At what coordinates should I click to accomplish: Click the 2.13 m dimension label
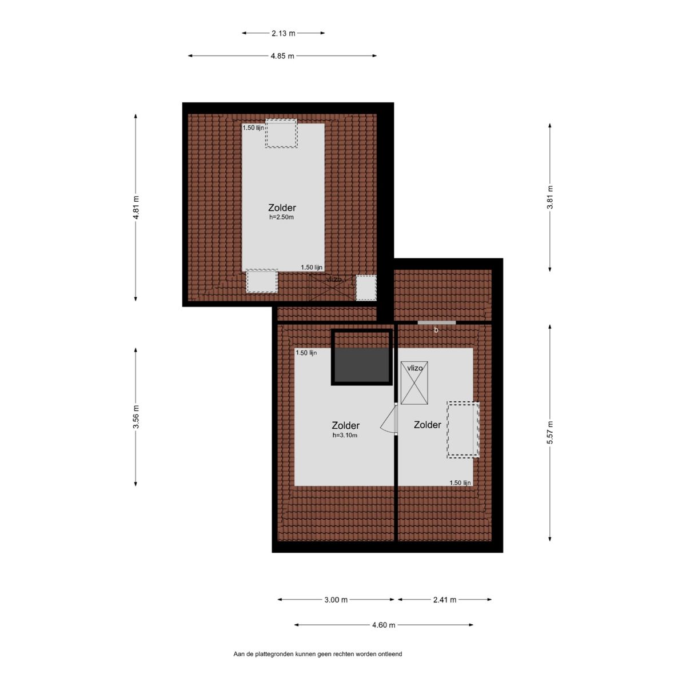click(x=284, y=34)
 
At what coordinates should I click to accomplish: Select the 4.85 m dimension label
click(x=282, y=56)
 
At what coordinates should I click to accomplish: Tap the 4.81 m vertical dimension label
click(x=136, y=208)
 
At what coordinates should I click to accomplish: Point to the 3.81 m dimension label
click(x=551, y=198)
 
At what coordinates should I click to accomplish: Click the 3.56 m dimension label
click(x=136, y=417)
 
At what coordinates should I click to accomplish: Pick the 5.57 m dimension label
click(x=551, y=432)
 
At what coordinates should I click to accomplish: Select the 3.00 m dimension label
click(x=336, y=600)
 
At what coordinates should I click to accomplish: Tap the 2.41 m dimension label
click(x=445, y=600)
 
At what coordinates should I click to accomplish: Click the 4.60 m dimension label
click(x=384, y=625)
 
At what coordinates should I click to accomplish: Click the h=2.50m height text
click(x=282, y=217)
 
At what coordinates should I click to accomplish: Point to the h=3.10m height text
click(x=345, y=435)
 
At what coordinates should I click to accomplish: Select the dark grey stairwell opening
click(x=361, y=365)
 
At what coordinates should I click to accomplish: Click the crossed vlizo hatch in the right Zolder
click(x=414, y=382)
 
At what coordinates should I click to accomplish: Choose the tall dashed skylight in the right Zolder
click(x=463, y=430)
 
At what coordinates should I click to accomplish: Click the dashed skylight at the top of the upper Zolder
click(x=281, y=133)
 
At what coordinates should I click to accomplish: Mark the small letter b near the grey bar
click(x=436, y=330)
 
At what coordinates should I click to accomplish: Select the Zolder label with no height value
click(x=427, y=425)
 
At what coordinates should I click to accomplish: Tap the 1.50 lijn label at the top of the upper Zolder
click(x=253, y=128)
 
